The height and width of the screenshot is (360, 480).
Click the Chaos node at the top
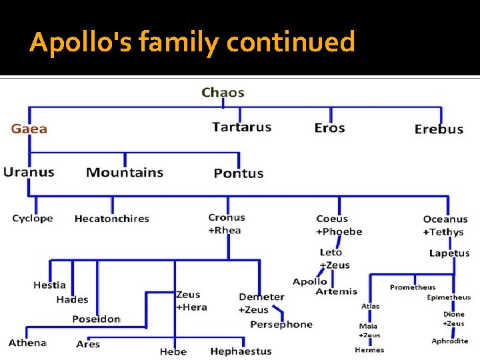(x=223, y=93)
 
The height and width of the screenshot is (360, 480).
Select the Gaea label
(x=29, y=129)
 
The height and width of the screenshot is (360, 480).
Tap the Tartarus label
(x=241, y=127)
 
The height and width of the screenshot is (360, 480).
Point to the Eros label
(x=329, y=127)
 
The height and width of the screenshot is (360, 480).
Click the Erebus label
(x=438, y=129)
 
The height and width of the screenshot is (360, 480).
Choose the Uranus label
(x=29, y=172)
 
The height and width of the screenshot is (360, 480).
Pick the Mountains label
(x=125, y=173)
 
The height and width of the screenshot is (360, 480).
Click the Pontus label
(x=238, y=173)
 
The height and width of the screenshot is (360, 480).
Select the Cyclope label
(x=32, y=219)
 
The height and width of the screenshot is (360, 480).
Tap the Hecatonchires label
(x=111, y=219)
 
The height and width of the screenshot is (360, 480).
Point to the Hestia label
(x=49, y=285)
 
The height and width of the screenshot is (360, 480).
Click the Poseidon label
(x=96, y=319)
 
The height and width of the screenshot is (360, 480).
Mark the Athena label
(x=27, y=343)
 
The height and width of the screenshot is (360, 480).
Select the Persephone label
(x=281, y=325)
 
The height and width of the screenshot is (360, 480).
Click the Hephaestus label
(x=241, y=351)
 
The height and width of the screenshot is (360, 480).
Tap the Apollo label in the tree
(x=309, y=281)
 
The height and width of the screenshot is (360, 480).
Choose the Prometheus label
(x=413, y=287)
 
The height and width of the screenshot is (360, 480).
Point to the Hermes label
(x=369, y=350)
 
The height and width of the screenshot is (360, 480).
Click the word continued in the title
(x=290, y=42)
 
